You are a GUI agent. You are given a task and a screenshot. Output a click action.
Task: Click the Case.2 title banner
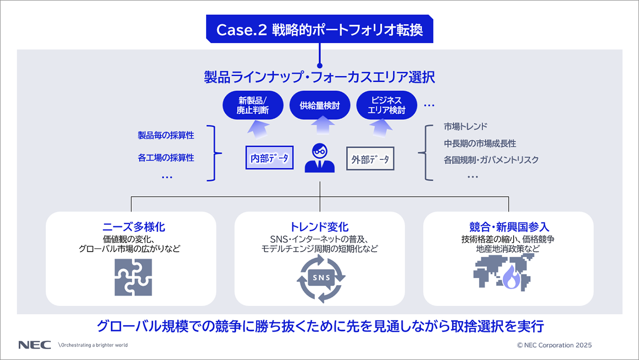319,29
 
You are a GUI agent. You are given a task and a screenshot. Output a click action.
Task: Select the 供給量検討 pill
319,105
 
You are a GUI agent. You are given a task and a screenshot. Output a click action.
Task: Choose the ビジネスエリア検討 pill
386,105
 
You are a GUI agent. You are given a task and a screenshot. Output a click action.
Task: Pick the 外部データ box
370,159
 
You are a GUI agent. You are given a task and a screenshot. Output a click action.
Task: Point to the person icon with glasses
319,158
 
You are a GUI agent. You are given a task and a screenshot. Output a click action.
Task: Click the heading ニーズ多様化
131,227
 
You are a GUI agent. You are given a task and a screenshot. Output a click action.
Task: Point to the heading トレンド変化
319,227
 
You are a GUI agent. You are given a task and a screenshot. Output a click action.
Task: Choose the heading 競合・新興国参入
509,227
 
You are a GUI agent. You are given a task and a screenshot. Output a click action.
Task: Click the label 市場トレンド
465,126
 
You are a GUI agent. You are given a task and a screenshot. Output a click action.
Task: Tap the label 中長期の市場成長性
480,143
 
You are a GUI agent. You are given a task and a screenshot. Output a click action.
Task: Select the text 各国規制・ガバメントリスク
491,160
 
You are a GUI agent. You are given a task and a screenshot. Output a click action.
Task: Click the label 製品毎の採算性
166,135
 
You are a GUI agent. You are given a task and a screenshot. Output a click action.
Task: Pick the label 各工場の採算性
166,158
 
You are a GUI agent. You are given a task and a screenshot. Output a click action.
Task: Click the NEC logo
34,345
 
